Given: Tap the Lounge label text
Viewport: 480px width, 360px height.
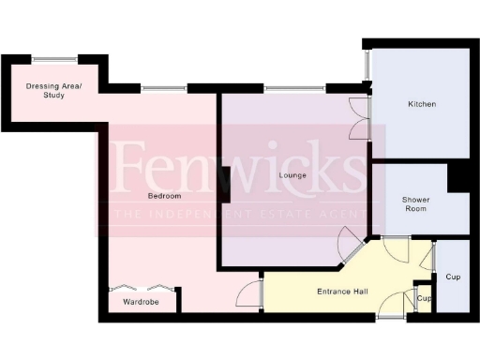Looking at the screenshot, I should (x=293, y=175).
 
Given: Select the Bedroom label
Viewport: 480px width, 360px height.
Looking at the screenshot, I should (x=164, y=196).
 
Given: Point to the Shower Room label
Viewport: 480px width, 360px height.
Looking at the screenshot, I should (x=417, y=204).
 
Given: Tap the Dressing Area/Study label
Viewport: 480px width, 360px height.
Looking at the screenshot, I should (x=53, y=91).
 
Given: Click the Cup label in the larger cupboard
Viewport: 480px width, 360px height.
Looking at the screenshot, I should (x=454, y=277).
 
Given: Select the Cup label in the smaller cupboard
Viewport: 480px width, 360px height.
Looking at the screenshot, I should (x=424, y=299).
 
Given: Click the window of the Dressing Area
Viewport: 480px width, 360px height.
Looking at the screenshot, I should (x=54, y=60).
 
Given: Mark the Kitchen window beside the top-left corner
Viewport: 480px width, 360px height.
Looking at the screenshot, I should (x=367, y=64).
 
